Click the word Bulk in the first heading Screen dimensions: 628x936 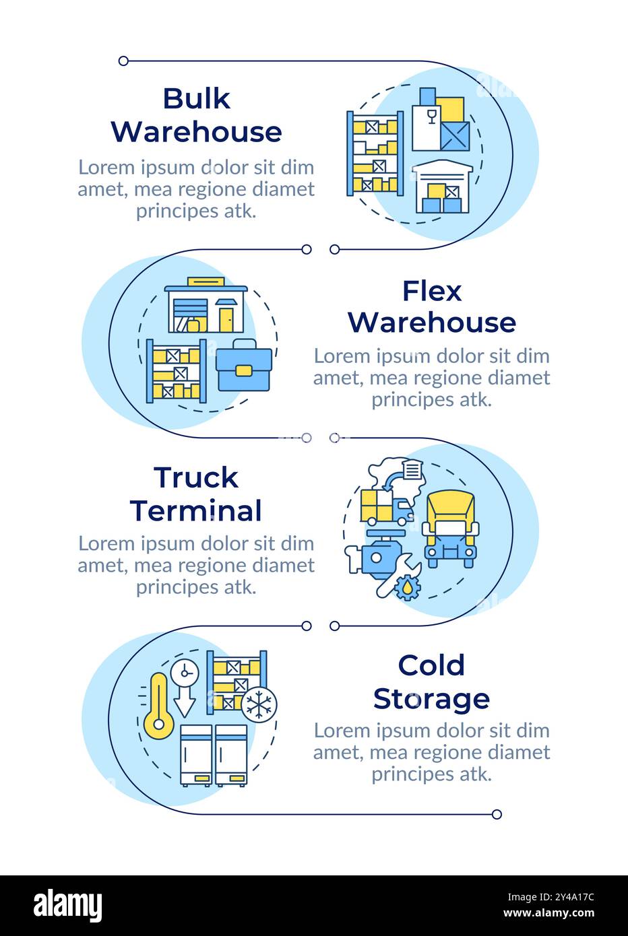coord(196,99)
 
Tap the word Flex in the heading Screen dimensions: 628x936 coord(432,291)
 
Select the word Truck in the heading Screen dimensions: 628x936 coord(196,477)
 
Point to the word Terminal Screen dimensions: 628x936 coord(196,510)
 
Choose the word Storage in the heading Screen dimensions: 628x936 coord(431,699)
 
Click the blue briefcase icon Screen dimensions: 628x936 coord(244,365)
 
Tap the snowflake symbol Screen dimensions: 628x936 coord(259,704)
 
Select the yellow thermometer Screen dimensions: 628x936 coord(158,706)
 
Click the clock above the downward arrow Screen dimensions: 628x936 coord(185,673)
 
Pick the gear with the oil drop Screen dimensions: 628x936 coord(408,587)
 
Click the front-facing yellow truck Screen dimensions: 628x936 coord(450,529)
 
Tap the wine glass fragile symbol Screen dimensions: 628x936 coord(432,117)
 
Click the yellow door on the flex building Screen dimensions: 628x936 coord(226,320)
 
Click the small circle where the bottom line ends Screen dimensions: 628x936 coord(497,814)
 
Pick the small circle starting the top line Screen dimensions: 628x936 coord(123,61)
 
